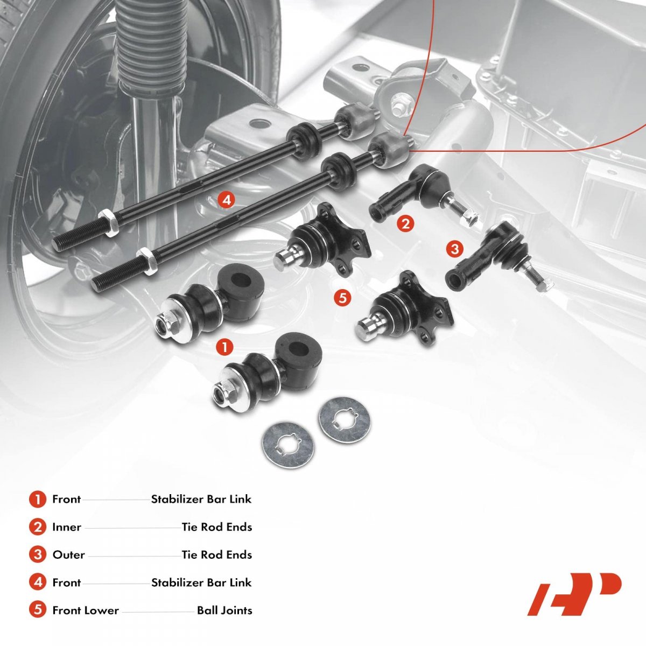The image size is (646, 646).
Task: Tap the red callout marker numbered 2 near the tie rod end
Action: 405,223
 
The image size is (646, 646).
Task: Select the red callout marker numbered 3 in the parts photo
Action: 455,249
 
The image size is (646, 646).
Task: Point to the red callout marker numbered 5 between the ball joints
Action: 342,297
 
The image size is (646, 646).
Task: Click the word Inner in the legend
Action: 67,527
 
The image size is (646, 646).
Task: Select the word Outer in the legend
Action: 68,554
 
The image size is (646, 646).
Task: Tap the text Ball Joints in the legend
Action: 224,610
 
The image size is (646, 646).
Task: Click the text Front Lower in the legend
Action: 85,610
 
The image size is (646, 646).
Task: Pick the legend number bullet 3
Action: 37,554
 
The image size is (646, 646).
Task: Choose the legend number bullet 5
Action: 37,610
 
